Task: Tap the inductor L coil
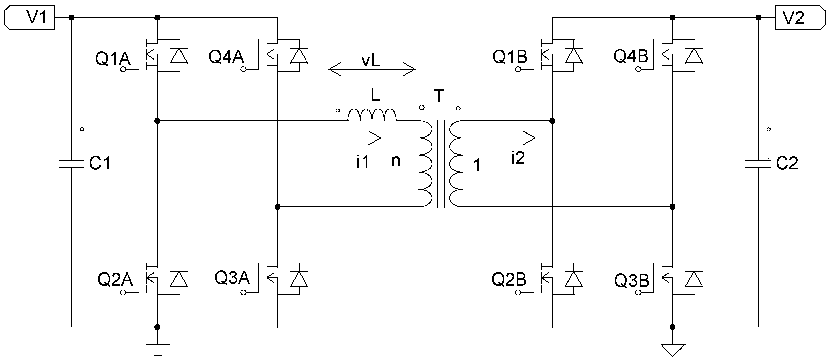(x=372, y=115)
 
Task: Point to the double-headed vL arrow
(x=372, y=69)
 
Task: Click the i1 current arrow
(x=364, y=138)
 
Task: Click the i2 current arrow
(x=518, y=138)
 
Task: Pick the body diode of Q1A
(x=179, y=55)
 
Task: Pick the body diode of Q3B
(x=694, y=279)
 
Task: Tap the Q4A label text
(x=227, y=57)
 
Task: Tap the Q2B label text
(x=509, y=280)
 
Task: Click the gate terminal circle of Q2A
(x=123, y=293)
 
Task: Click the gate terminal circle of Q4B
(x=638, y=69)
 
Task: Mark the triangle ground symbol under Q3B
(x=672, y=350)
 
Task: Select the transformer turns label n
(x=396, y=161)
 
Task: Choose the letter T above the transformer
(x=439, y=96)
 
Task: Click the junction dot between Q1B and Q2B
(x=552, y=121)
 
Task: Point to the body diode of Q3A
(x=299, y=279)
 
